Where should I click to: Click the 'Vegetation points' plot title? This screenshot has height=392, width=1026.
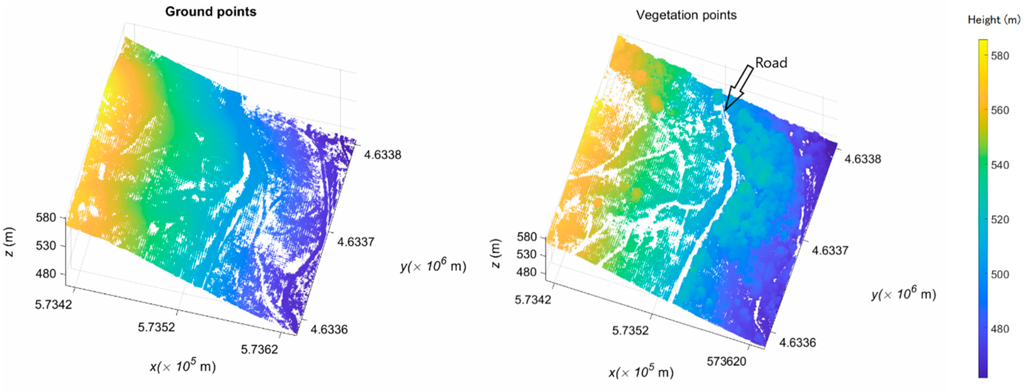point(686,15)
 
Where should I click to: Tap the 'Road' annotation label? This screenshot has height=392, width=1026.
point(771,63)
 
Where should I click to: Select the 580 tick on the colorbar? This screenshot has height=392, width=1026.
point(1000,56)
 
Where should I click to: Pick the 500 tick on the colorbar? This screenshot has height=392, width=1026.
point(1000,274)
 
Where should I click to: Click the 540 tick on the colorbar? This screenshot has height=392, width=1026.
point(1000,165)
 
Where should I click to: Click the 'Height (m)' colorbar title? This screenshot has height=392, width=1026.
point(994,20)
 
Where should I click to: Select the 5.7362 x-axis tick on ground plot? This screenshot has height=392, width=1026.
point(259,349)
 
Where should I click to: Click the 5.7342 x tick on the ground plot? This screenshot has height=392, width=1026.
point(53,305)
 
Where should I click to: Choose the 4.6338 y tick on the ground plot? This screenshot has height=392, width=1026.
point(382,155)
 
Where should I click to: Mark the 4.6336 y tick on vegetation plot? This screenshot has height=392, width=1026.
point(797,343)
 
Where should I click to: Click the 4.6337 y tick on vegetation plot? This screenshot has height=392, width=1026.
point(830,251)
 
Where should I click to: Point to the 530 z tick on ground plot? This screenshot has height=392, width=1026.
point(46,246)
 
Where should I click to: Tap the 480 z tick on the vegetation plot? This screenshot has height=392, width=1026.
point(527,272)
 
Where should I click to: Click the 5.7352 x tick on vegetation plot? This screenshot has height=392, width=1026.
point(630,330)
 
